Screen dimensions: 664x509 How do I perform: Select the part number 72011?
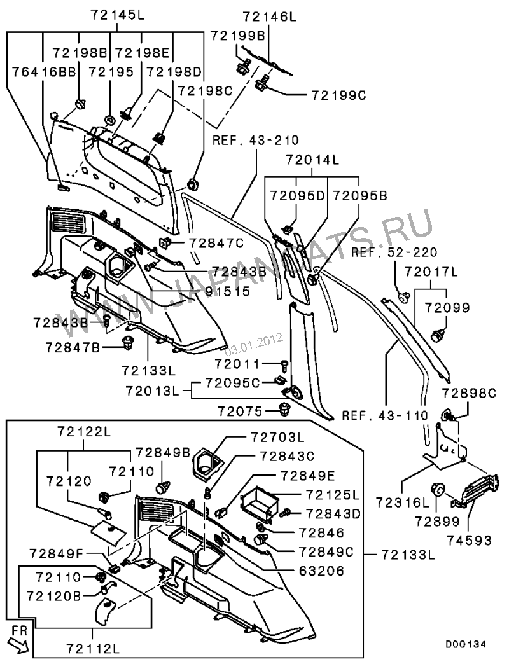(x=238, y=364)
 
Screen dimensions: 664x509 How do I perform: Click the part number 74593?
(x=469, y=541)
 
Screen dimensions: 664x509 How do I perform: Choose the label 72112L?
(x=93, y=648)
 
